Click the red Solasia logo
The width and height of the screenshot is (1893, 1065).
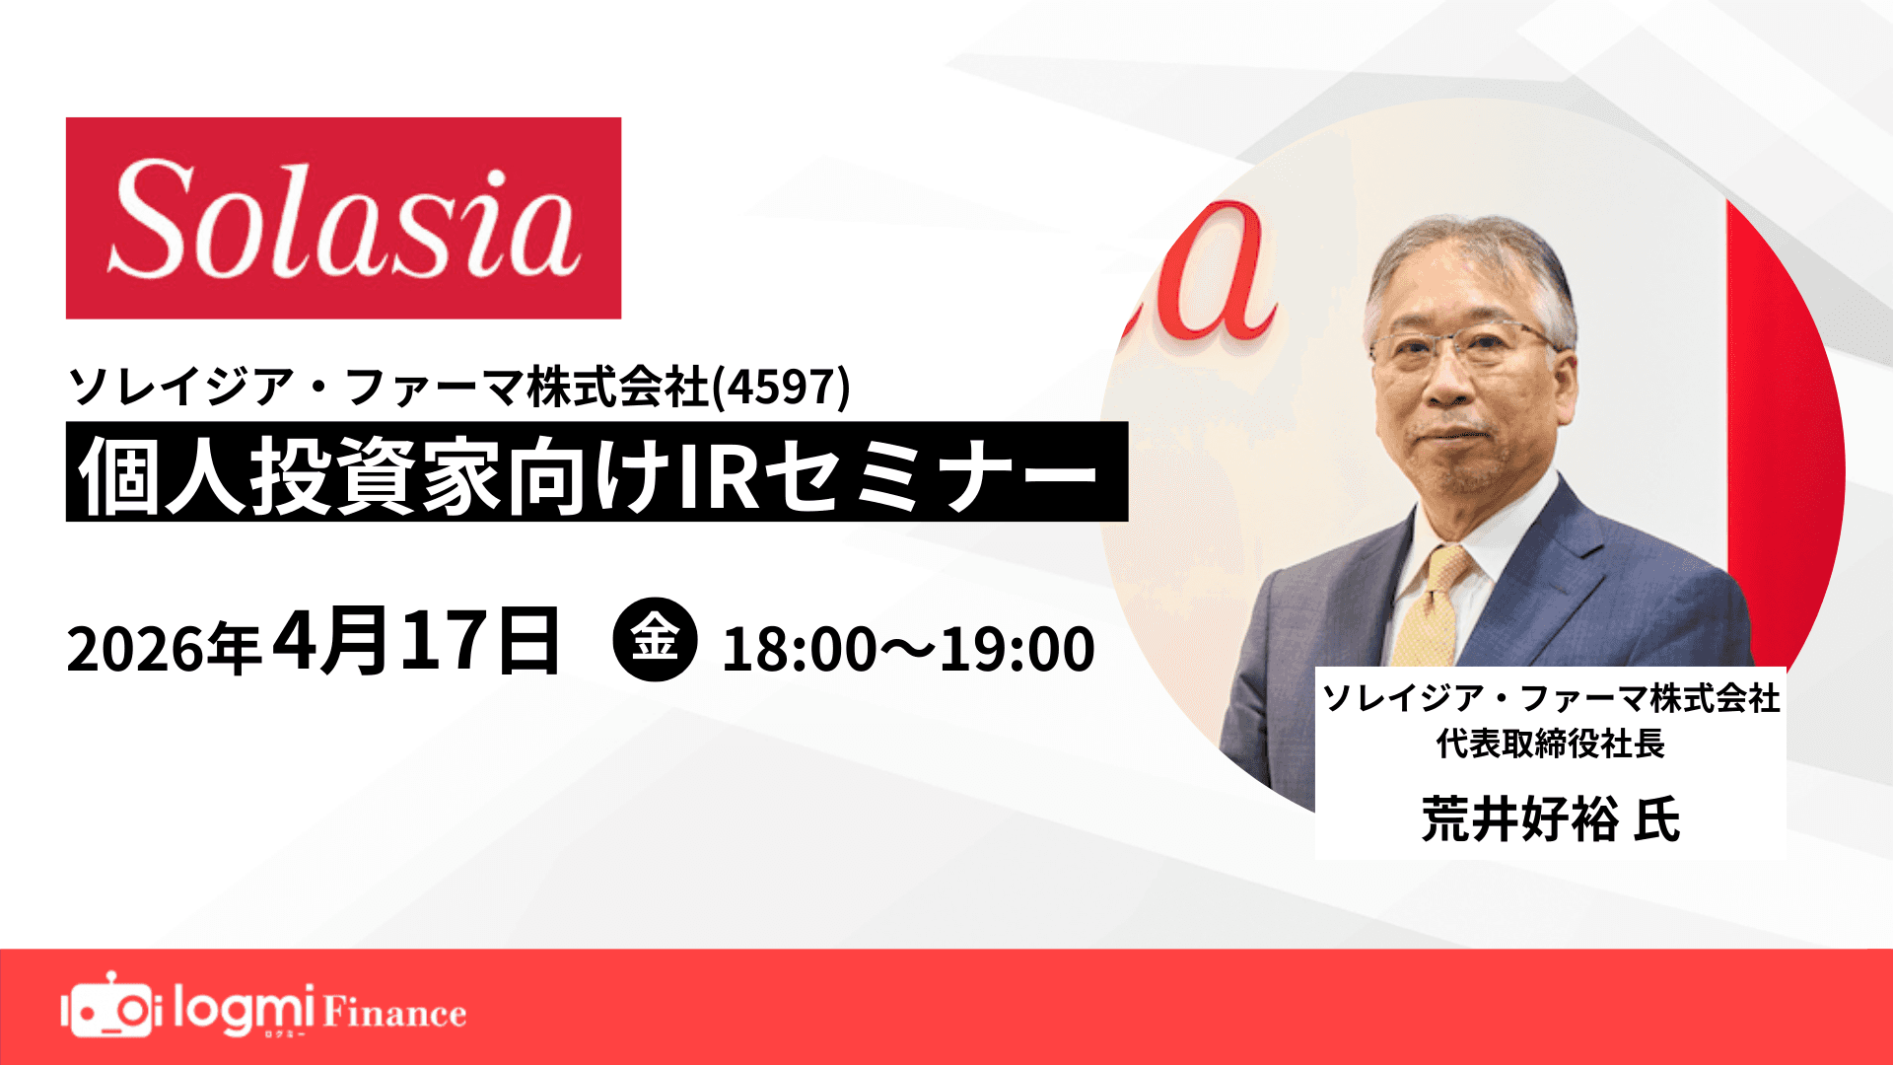pos(343,218)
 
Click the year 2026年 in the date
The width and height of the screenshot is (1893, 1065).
pos(164,649)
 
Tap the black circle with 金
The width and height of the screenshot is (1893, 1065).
pos(655,639)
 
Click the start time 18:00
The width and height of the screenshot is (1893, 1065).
pos(799,650)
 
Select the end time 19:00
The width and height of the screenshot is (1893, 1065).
pos(1017,650)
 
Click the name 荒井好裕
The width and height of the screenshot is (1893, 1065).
pos(1519,818)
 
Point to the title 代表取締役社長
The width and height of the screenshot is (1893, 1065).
pos(1550,744)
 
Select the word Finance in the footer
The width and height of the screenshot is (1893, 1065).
pos(394,1014)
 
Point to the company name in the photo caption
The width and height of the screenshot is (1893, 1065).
pos(1550,698)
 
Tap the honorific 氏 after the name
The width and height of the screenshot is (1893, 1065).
pos(1656,818)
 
